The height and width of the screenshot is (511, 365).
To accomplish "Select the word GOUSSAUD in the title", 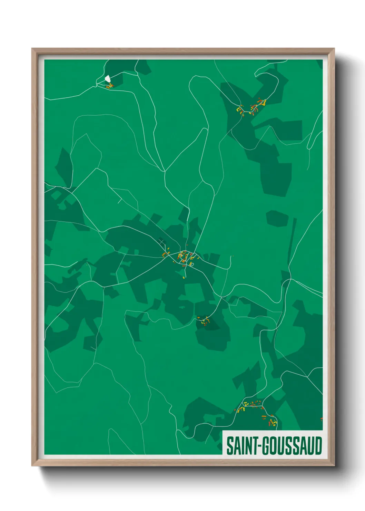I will [293, 446].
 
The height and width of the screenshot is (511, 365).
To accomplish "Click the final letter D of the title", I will [318, 446].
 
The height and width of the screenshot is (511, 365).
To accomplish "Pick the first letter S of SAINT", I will [229, 446].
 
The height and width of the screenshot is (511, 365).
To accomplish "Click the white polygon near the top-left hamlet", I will [108, 79].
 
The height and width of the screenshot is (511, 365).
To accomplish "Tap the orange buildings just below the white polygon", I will [109, 86].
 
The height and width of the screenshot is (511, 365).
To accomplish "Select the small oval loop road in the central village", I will [192, 264].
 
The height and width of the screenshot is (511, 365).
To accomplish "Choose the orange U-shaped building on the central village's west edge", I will [165, 255].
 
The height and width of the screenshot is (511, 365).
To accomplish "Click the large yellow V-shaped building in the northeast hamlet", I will [263, 102].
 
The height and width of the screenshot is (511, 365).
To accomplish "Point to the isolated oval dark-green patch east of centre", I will [277, 219].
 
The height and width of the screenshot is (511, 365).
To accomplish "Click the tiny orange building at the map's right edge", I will [321, 419].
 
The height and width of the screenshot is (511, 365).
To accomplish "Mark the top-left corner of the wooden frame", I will [32, 49].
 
